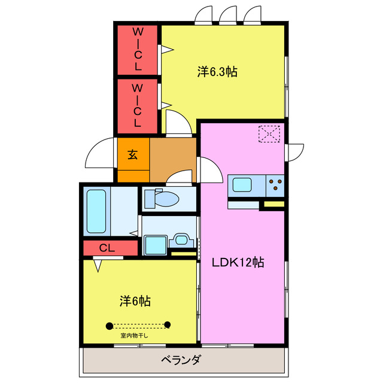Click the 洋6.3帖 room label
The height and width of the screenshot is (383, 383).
pos(218,72)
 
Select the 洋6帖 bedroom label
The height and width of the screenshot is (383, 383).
pos(135,301)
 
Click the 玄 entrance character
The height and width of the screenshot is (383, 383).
pos(133,154)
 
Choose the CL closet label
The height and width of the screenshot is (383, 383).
pos(108,247)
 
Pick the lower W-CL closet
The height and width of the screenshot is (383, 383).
pos(137,106)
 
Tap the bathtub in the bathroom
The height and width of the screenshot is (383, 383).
pos(96,211)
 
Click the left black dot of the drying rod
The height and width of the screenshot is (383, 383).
pos(110,326)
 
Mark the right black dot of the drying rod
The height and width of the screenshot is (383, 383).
pos(168,326)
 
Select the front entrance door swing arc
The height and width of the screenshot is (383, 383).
pos(99,154)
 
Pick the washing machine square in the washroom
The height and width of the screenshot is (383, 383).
pos(155,245)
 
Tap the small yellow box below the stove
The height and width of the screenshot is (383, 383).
pos(274,205)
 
